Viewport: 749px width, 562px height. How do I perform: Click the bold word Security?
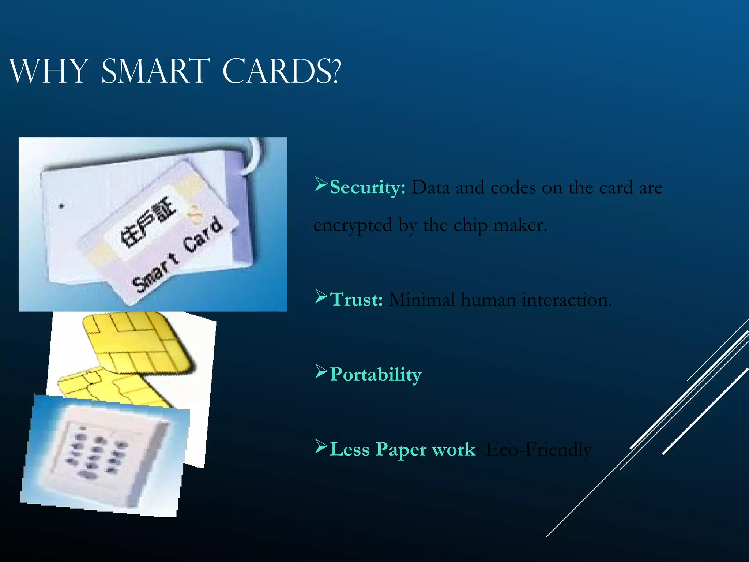368,187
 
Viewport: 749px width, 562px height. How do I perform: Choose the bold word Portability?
376,374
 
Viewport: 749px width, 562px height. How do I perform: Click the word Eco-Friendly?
538,449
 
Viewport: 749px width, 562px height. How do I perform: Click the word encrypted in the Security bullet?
353,225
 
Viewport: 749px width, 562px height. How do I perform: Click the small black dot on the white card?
61,206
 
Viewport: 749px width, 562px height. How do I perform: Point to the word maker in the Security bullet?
519,225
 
